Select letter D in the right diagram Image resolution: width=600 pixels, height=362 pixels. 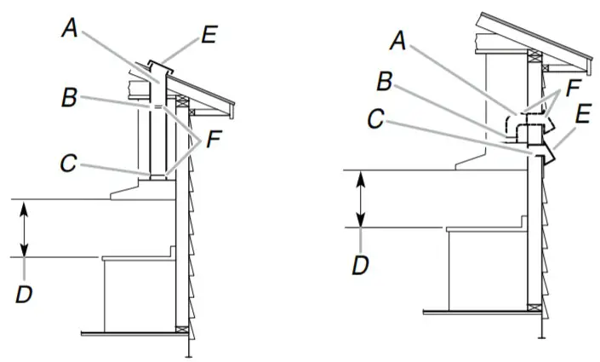[361, 263]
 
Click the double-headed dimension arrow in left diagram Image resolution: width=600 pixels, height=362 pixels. [26, 227]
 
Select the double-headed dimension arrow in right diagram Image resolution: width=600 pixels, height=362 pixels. [361, 198]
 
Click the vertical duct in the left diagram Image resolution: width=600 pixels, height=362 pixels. [158, 136]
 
